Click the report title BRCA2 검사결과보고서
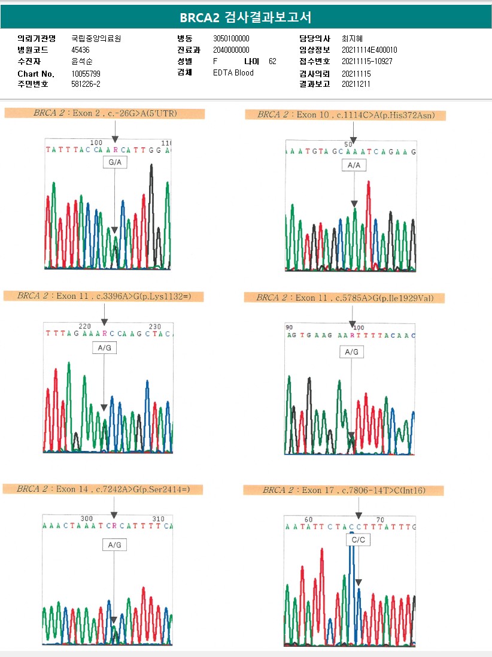tap(245, 17)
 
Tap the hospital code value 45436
tap(80, 50)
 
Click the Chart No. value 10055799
tap(86, 74)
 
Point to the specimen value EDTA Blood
tap(233, 73)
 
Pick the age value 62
tap(272, 62)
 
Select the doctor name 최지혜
tap(352, 38)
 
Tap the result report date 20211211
tap(356, 84)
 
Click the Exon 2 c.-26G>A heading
tap(105, 113)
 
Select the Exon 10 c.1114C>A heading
tap(346, 115)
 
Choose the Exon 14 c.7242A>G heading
tap(103, 489)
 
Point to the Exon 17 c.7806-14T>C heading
tap(343, 491)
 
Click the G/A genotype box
tap(114, 163)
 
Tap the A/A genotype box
tap(353, 166)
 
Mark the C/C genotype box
tap(358, 540)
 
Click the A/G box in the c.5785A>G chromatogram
tap(351, 352)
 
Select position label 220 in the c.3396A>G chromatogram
tap(85, 326)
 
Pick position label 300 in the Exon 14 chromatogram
tap(87, 519)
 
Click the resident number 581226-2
tap(86, 84)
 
